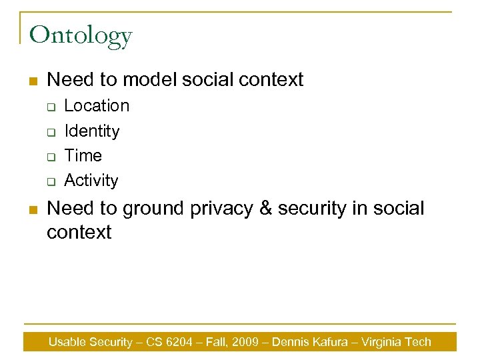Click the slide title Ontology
point(81,35)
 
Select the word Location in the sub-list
point(97,105)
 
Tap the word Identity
point(91,131)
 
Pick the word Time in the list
point(83,155)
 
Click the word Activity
point(91,180)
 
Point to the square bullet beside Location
point(50,107)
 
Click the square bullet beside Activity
point(50,181)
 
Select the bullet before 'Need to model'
point(31,81)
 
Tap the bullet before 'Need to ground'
point(31,209)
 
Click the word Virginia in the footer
point(383,342)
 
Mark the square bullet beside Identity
point(50,132)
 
